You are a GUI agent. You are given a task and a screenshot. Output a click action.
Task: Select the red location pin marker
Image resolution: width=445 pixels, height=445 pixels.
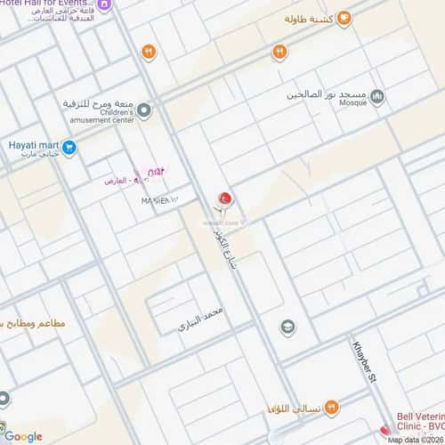tap(224, 198)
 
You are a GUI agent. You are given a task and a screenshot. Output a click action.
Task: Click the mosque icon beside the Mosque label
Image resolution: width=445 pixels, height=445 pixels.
tap(376, 95)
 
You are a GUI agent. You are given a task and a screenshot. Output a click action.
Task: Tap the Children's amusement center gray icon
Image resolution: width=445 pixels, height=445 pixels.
tap(143, 110)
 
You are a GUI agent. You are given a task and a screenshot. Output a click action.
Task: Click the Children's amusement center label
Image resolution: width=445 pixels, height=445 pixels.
tap(107, 115)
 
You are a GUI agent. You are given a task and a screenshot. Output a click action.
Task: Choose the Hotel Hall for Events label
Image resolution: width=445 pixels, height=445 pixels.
tap(44, 4)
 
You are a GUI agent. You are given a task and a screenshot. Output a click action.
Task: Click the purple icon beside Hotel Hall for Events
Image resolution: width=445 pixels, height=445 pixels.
tap(105, 5)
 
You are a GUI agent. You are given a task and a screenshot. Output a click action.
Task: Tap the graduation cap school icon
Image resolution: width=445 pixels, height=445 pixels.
tap(287, 328)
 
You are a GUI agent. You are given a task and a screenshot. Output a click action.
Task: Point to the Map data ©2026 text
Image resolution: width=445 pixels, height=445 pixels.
tap(413, 439)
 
